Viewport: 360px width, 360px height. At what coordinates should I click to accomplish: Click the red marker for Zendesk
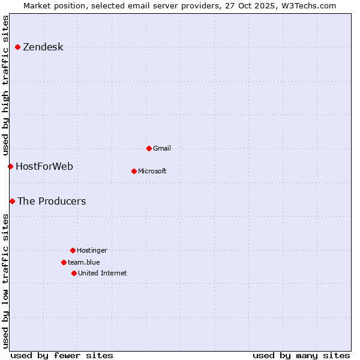(x=18, y=47)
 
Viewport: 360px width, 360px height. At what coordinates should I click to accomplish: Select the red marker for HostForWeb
(x=10, y=166)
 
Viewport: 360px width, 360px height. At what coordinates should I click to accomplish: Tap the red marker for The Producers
(x=12, y=201)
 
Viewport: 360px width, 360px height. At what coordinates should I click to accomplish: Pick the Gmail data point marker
(x=149, y=148)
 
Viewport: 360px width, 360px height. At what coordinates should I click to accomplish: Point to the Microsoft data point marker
(x=134, y=171)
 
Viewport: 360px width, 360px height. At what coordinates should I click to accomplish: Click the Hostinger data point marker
(x=73, y=250)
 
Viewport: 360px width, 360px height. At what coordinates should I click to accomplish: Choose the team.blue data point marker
(x=64, y=262)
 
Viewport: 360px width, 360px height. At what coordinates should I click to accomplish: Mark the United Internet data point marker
(x=74, y=273)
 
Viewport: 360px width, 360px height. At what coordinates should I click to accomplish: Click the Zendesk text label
(x=43, y=47)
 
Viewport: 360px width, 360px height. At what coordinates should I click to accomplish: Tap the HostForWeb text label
(x=44, y=166)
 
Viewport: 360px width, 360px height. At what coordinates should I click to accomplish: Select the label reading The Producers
(x=52, y=201)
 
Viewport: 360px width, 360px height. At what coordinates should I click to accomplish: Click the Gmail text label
(x=162, y=148)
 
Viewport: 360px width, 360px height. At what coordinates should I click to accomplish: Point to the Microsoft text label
(x=152, y=171)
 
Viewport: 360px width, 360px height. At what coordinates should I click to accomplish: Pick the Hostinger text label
(x=92, y=250)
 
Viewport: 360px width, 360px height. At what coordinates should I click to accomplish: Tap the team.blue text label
(x=84, y=262)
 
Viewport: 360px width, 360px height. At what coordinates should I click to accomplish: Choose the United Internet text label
(x=103, y=273)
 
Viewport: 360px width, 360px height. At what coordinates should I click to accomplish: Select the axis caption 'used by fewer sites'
(x=62, y=355)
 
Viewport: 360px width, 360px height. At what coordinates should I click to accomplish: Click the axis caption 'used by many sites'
(x=301, y=355)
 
